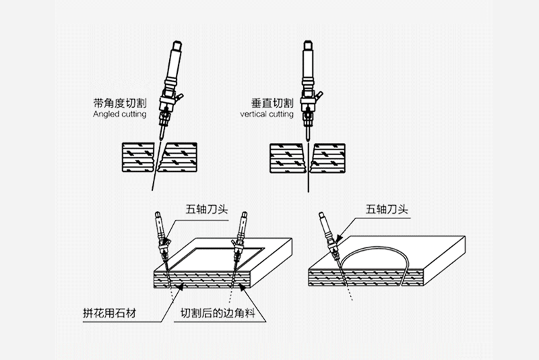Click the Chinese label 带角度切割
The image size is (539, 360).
(120, 104)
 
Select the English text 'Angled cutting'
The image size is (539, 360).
(119, 115)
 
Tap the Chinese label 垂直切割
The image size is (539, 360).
(270, 104)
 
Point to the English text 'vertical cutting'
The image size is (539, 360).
(266, 115)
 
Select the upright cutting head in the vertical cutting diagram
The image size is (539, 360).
(308, 81)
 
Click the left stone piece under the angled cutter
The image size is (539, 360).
(137, 158)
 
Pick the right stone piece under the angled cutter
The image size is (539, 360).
(179, 158)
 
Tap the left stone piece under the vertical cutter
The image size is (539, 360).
(288, 158)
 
